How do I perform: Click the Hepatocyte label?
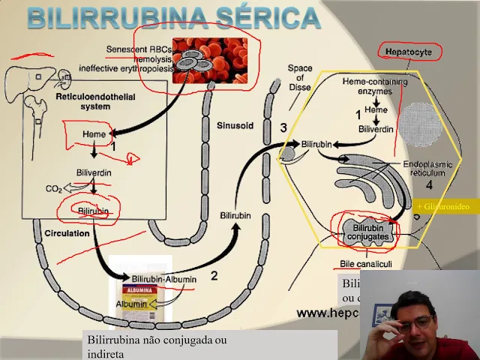(x=408, y=52)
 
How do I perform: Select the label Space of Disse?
(x=300, y=78)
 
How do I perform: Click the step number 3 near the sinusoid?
(x=283, y=127)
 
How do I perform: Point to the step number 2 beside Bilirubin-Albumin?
(x=214, y=275)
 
